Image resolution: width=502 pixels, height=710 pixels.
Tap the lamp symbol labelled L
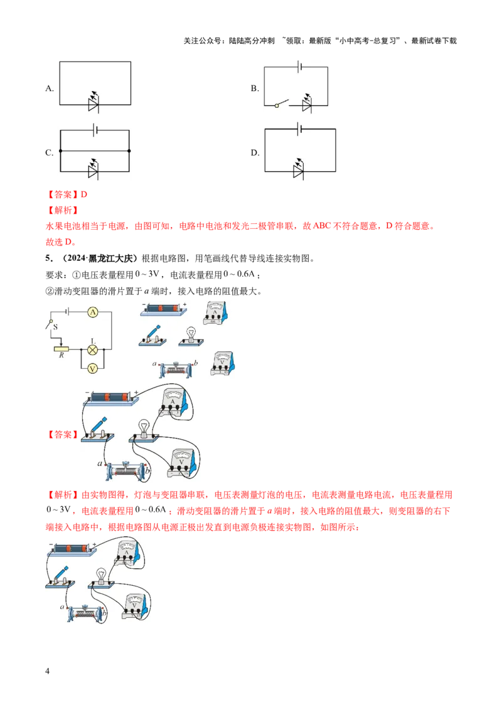93,350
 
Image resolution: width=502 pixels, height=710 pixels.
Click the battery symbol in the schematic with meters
71,311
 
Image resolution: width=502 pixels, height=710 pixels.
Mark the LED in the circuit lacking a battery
93,104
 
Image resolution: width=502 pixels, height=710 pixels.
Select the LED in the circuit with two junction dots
93,170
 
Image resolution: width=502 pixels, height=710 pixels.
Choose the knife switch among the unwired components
152,335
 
